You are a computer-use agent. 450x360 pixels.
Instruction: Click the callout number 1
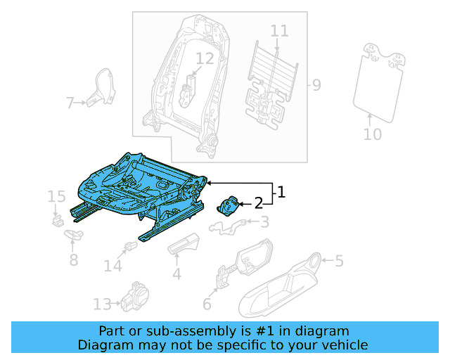coord(281,192)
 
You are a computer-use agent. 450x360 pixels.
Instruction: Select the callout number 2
coord(258,204)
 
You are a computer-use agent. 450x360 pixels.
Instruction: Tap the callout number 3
coord(264,223)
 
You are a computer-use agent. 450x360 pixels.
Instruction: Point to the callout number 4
coord(177,274)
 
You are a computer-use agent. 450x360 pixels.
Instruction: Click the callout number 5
coord(339,262)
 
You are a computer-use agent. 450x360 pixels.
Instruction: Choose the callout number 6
coord(207,304)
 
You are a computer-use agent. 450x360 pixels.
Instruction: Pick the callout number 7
coord(70,104)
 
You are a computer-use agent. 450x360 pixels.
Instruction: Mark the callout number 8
coord(73,261)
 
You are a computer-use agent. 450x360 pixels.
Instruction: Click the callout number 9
coord(316,86)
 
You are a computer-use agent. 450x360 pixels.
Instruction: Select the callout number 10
coord(373,134)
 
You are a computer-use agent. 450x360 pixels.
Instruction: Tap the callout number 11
coord(279,31)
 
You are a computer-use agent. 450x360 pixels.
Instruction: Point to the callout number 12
coord(205,58)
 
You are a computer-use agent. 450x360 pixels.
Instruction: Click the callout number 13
coord(102,304)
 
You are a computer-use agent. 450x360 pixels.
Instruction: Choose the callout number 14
coord(112,266)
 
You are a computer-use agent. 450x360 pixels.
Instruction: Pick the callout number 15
coord(57,195)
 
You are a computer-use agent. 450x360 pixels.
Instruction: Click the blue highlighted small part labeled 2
coord(229,206)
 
